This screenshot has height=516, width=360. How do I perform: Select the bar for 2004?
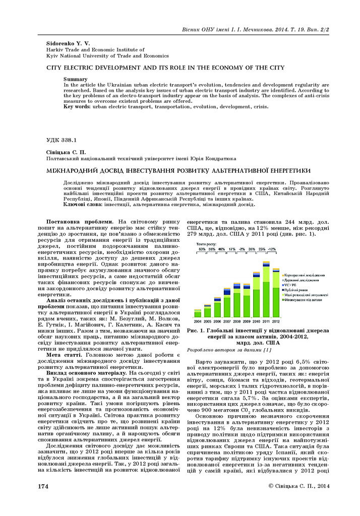click(198, 313)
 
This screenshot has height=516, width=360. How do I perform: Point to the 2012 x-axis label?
click(276, 321)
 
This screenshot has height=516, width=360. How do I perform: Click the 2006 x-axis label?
click(217, 321)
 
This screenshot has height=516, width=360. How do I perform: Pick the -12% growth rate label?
click(272, 249)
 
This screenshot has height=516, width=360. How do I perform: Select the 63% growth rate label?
click(202, 249)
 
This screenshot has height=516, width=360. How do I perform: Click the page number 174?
click(44, 499)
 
